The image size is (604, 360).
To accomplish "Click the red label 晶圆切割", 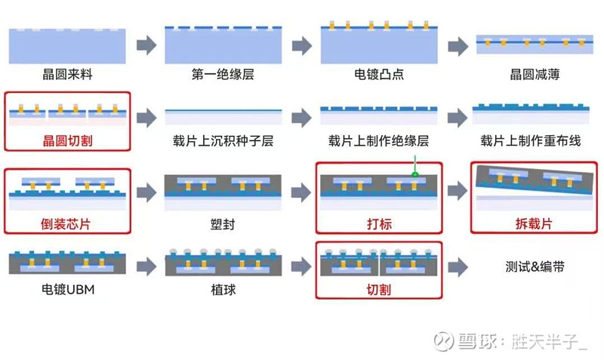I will (x=67, y=140).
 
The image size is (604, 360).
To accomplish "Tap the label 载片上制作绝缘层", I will (x=378, y=140).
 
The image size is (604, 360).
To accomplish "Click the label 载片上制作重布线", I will (x=534, y=140).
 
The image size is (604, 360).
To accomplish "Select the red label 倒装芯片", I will (x=67, y=224).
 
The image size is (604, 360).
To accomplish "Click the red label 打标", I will (x=378, y=224).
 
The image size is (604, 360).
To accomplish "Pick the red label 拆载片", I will (x=534, y=224).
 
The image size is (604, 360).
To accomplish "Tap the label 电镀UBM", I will (x=67, y=288).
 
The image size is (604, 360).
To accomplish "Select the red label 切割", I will (x=378, y=288).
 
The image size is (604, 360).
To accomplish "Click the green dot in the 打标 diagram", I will (x=414, y=175).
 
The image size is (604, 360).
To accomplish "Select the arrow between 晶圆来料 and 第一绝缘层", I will (x=146, y=45).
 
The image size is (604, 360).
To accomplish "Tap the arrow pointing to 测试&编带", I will (x=458, y=266).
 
